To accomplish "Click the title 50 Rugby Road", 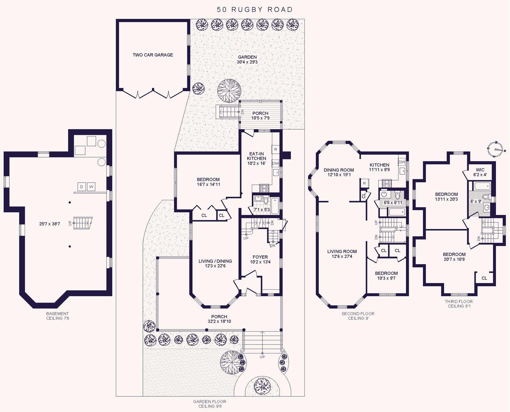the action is (254, 10).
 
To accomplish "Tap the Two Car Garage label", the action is (153, 55).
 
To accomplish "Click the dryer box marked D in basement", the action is (82, 187).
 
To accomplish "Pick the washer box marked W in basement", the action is (91, 187).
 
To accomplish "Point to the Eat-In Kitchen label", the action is (256, 158).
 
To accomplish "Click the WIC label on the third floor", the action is (480, 170).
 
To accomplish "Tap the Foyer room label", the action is (260, 257).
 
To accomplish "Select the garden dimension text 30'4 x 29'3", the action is (247, 62).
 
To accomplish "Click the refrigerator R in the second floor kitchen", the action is (364, 183).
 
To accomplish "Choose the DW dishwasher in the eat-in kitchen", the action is (275, 164).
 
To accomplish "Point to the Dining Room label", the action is (339, 170).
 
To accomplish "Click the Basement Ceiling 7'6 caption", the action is (57, 316).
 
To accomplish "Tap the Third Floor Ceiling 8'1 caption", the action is (459, 304).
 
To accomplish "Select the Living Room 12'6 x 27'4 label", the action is (342, 254).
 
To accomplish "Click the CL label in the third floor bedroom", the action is (484, 278).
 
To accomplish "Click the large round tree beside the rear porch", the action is (229, 91).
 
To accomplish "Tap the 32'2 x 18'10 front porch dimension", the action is (219, 321).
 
